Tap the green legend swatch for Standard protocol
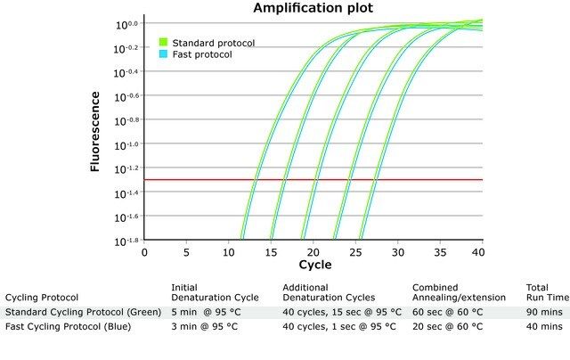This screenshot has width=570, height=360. pos(164,42)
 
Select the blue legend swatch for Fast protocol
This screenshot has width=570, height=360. pos(164,54)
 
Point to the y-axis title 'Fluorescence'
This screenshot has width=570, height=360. pos(95,132)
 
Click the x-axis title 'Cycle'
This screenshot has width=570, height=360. pos(314,265)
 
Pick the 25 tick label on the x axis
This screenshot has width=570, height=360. pos(356,251)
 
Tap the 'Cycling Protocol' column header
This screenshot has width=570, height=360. pos(42,298)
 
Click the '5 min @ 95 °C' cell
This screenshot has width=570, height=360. pos(204,312)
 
